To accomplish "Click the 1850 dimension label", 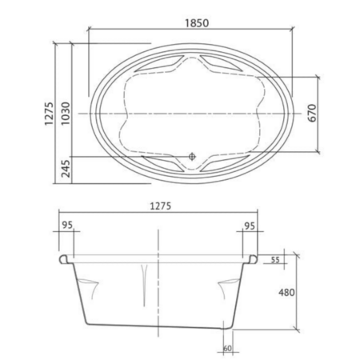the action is (197, 23).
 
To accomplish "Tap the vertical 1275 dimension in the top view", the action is (49, 114).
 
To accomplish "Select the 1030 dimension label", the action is (66, 114).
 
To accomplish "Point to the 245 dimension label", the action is (66, 169).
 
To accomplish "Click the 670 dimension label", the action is (312, 113).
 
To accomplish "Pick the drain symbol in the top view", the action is (192, 157).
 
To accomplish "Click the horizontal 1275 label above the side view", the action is (161, 206).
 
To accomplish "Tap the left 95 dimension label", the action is (67, 225).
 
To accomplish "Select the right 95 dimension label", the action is (250, 226).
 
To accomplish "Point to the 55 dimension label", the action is (275, 260).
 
